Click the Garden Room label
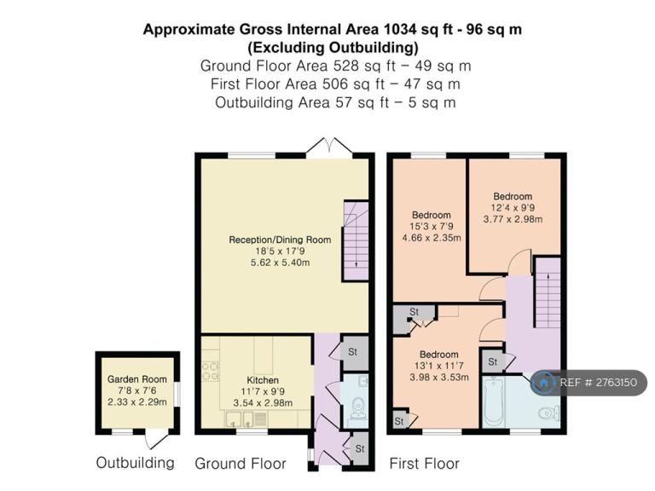tap(137, 379)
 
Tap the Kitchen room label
tap(263, 380)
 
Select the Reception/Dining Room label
tap(280, 240)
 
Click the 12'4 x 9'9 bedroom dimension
tap(513, 207)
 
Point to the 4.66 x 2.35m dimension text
tap(432, 238)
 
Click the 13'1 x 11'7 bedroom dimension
tap(438, 366)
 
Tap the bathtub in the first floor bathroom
tap(495, 401)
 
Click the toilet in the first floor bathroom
tap(549, 413)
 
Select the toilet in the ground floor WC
tap(358, 408)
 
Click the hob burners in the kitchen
tap(210, 371)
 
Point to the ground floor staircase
tap(356, 240)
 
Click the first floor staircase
tap(548, 292)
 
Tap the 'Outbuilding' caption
tap(136, 463)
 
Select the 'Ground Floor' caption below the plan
tap(241, 464)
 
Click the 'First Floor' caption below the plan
tap(425, 464)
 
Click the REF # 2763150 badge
tap(589, 383)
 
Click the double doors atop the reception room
tap(330, 146)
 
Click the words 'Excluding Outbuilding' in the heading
tap(333, 48)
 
